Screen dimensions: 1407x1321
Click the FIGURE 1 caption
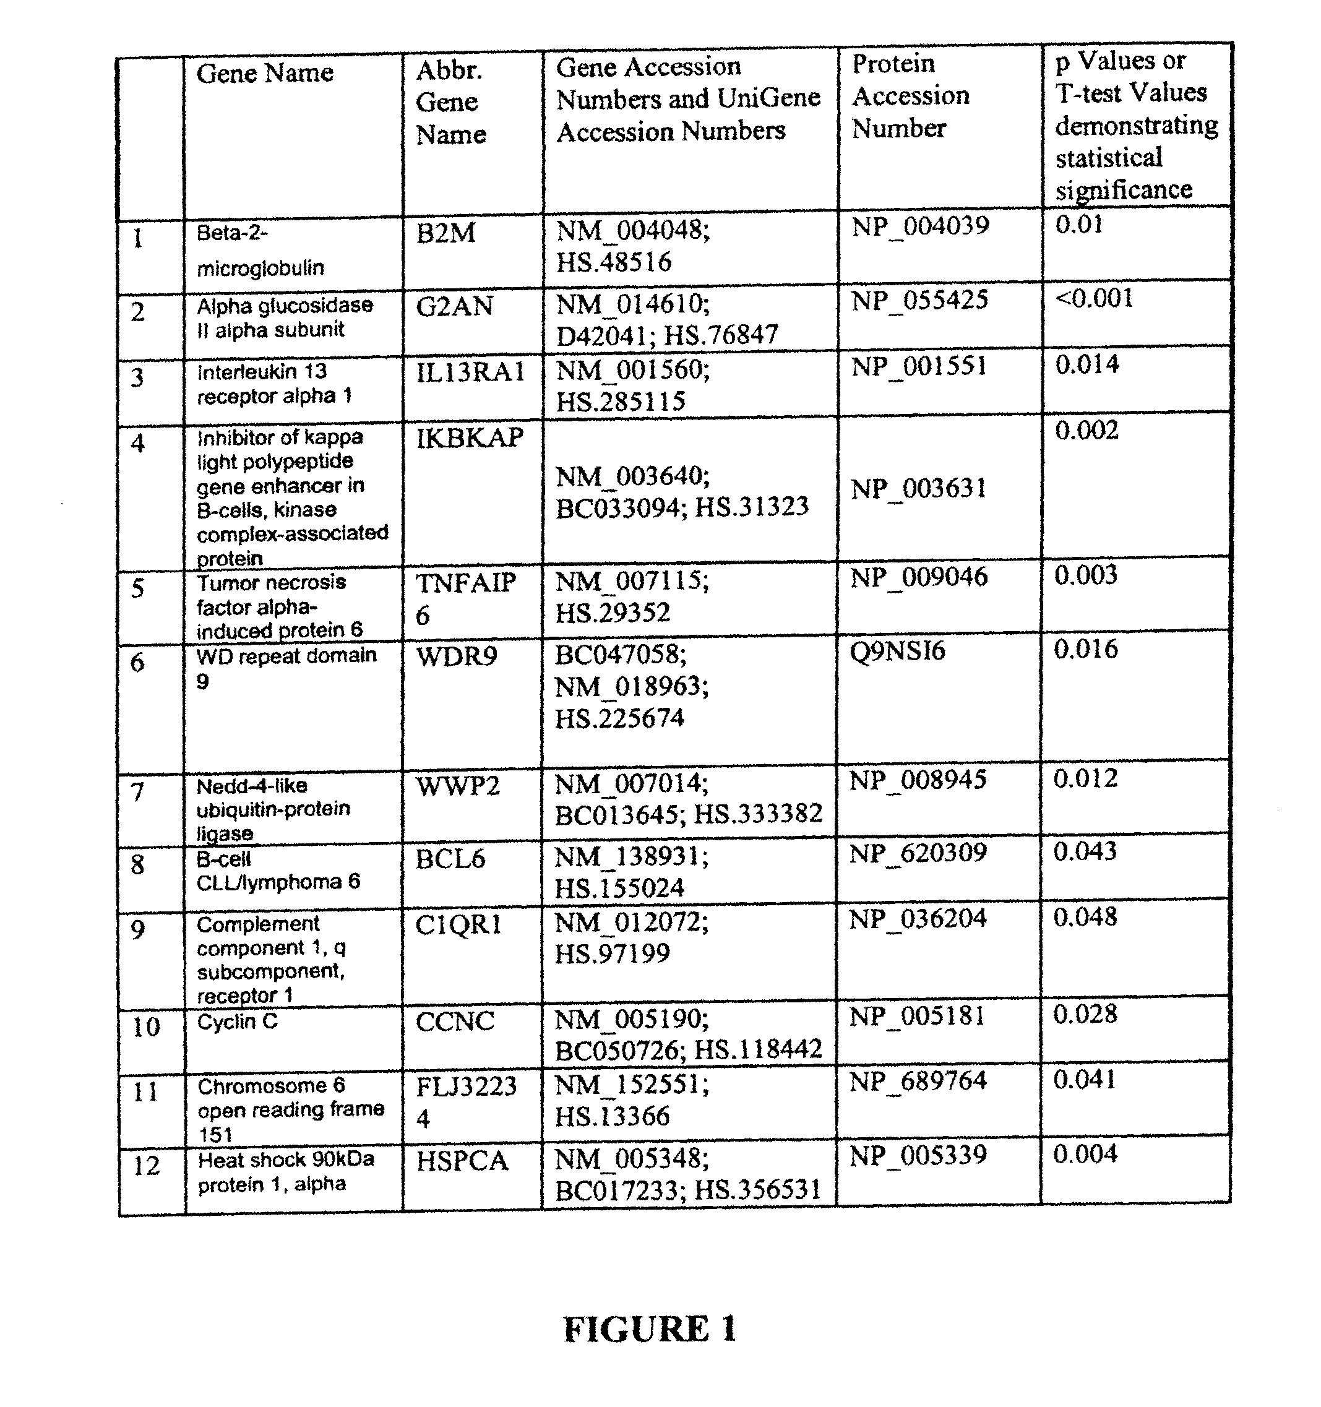tap(650, 1328)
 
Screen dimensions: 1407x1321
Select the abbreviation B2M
tap(445, 233)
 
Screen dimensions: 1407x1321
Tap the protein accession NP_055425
tap(919, 300)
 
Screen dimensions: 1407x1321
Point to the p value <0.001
tap(1094, 298)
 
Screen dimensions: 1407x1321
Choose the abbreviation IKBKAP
tap(470, 438)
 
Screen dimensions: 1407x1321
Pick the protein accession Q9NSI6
tap(898, 651)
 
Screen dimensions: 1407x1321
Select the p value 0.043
tap(1085, 851)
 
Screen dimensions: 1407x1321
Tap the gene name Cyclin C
tap(237, 1022)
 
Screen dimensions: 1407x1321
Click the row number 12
tap(147, 1166)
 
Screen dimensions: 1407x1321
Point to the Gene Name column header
tap(264, 73)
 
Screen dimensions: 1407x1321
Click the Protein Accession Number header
tap(910, 95)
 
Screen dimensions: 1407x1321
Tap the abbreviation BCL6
tap(450, 859)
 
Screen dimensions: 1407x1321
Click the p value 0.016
tap(1085, 649)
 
